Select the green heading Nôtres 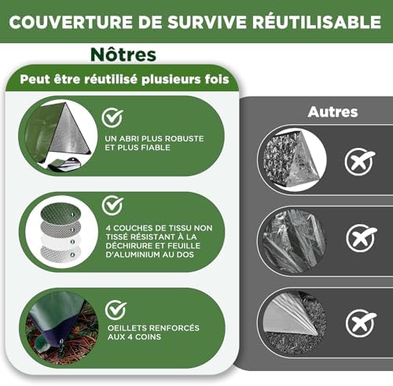[x=123, y=55]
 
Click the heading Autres [x=332, y=112]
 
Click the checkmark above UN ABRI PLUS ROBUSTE [x=112, y=118]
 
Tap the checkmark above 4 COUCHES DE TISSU [x=112, y=205]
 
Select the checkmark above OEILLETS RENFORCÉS [x=116, y=309]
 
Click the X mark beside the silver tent [x=360, y=162]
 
